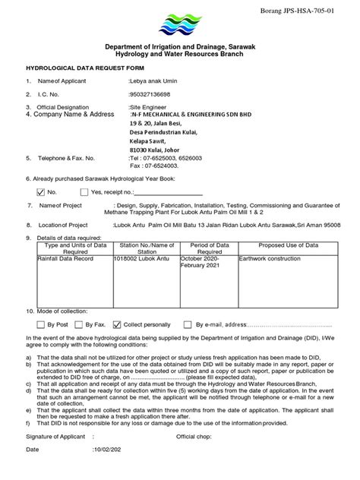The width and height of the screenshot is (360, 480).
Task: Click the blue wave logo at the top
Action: click(x=180, y=24)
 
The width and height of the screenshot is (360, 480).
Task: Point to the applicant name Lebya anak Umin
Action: click(x=154, y=81)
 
